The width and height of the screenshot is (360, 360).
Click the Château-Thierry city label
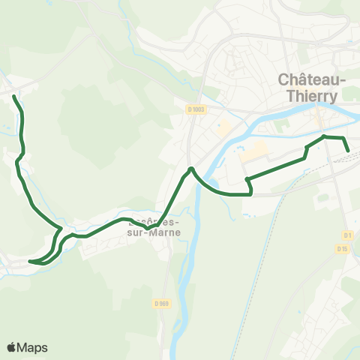point(312,86)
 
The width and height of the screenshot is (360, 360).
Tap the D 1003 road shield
point(196,109)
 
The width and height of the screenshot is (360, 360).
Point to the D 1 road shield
point(346,235)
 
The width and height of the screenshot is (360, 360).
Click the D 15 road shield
point(343,248)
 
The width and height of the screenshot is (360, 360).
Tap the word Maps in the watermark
point(33,347)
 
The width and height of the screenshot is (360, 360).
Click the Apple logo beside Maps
point(11,347)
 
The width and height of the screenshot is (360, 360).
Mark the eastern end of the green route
point(349,151)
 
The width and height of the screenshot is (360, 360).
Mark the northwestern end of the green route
point(15,97)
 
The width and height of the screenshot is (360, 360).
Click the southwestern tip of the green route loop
point(30,262)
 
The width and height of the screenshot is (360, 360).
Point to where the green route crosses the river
point(193,169)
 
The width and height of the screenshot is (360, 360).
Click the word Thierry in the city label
point(312,95)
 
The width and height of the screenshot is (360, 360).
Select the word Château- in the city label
point(312,78)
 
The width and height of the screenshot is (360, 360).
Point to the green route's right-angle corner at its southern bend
point(250,193)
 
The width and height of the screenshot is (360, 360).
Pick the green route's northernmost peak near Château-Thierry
point(324,136)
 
